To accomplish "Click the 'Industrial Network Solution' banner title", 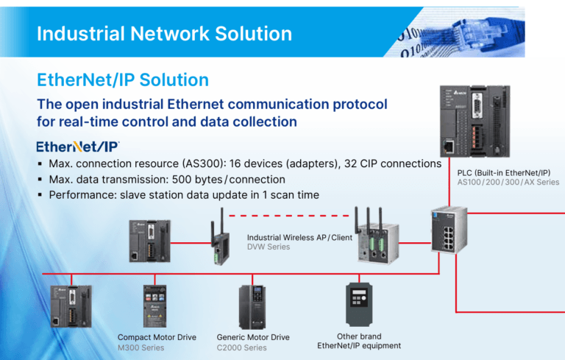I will tap(164, 34).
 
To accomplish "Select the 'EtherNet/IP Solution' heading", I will tap(122, 80).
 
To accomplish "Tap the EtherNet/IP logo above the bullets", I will tap(77, 146).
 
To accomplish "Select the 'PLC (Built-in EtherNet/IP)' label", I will tap(508, 172).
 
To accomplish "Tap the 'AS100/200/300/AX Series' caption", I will tap(508, 183).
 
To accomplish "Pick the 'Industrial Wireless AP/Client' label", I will tap(299, 237).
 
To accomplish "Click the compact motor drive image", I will tap(155, 306).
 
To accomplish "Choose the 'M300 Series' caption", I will tap(141, 347).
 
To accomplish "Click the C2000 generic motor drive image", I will tap(252, 306).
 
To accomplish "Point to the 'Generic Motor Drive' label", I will tap(253, 337).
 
